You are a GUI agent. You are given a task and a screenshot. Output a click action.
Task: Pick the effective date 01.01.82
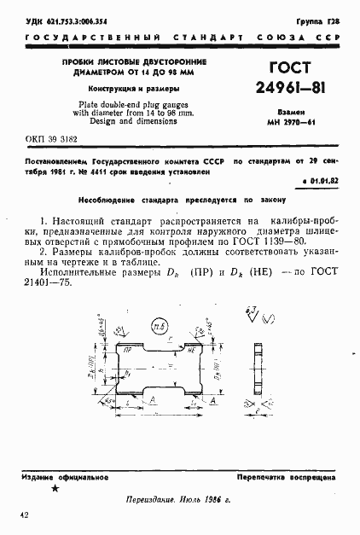click(x=323, y=182)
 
